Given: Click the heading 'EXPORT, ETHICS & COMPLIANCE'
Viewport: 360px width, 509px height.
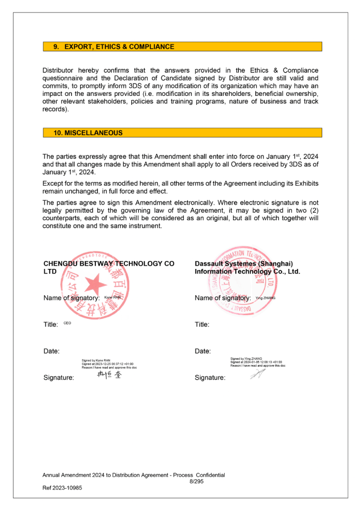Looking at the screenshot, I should [x=119, y=47].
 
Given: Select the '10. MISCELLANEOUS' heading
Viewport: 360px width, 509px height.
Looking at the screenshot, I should [x=88, y=133].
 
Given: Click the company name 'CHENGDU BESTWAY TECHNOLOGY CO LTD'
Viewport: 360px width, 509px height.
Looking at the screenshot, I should [x=108, y=267].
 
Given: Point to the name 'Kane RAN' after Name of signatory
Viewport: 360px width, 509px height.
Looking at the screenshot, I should [x=112, y=297].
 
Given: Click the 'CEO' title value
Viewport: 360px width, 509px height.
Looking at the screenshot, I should [x=67, y=323].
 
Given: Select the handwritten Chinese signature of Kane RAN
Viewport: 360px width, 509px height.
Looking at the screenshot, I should [x=109, y=375].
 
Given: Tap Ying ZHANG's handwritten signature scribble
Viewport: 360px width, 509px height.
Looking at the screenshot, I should [x=257, y=374].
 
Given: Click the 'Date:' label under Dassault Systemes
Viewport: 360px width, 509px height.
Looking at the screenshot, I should [x=202, y=351].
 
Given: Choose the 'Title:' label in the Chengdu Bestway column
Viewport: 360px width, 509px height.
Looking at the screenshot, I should [x=51, y=325].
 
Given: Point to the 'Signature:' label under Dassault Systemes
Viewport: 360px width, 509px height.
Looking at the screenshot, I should [x=210, y=378].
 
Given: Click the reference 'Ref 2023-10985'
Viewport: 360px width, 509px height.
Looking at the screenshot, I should [x=62, y=488].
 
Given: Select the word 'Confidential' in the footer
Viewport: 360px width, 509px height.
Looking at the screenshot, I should [x=210, y=475].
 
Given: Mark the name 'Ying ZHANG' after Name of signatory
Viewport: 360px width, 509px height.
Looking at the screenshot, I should [x=265, y=297].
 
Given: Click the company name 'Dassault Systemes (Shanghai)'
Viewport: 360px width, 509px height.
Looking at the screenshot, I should [x=244, y=263].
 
